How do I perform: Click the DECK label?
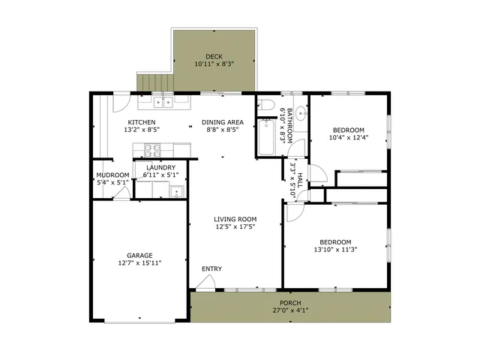[214, 57]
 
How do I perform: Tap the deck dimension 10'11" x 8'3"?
[214, 64]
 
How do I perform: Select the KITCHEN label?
[142, 122]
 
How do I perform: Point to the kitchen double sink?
[163, 102]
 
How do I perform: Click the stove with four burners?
[152, 150]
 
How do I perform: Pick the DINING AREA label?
[223, 122]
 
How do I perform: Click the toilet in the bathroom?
[265, 105]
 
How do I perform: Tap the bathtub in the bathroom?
[266, 137]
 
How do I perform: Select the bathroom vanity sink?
[302, 113]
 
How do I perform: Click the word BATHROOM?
[289, 125]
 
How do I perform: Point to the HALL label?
[300, 181]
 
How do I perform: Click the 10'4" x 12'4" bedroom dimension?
[349, 138]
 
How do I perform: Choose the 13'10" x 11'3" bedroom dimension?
[335, 250]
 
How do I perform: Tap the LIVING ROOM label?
[235, 219]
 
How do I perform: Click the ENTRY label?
[211, 268]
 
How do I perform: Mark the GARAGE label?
[139, 255]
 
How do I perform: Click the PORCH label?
[290, 303]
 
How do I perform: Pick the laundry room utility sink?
[177, 192]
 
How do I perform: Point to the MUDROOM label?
[112, 175]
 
